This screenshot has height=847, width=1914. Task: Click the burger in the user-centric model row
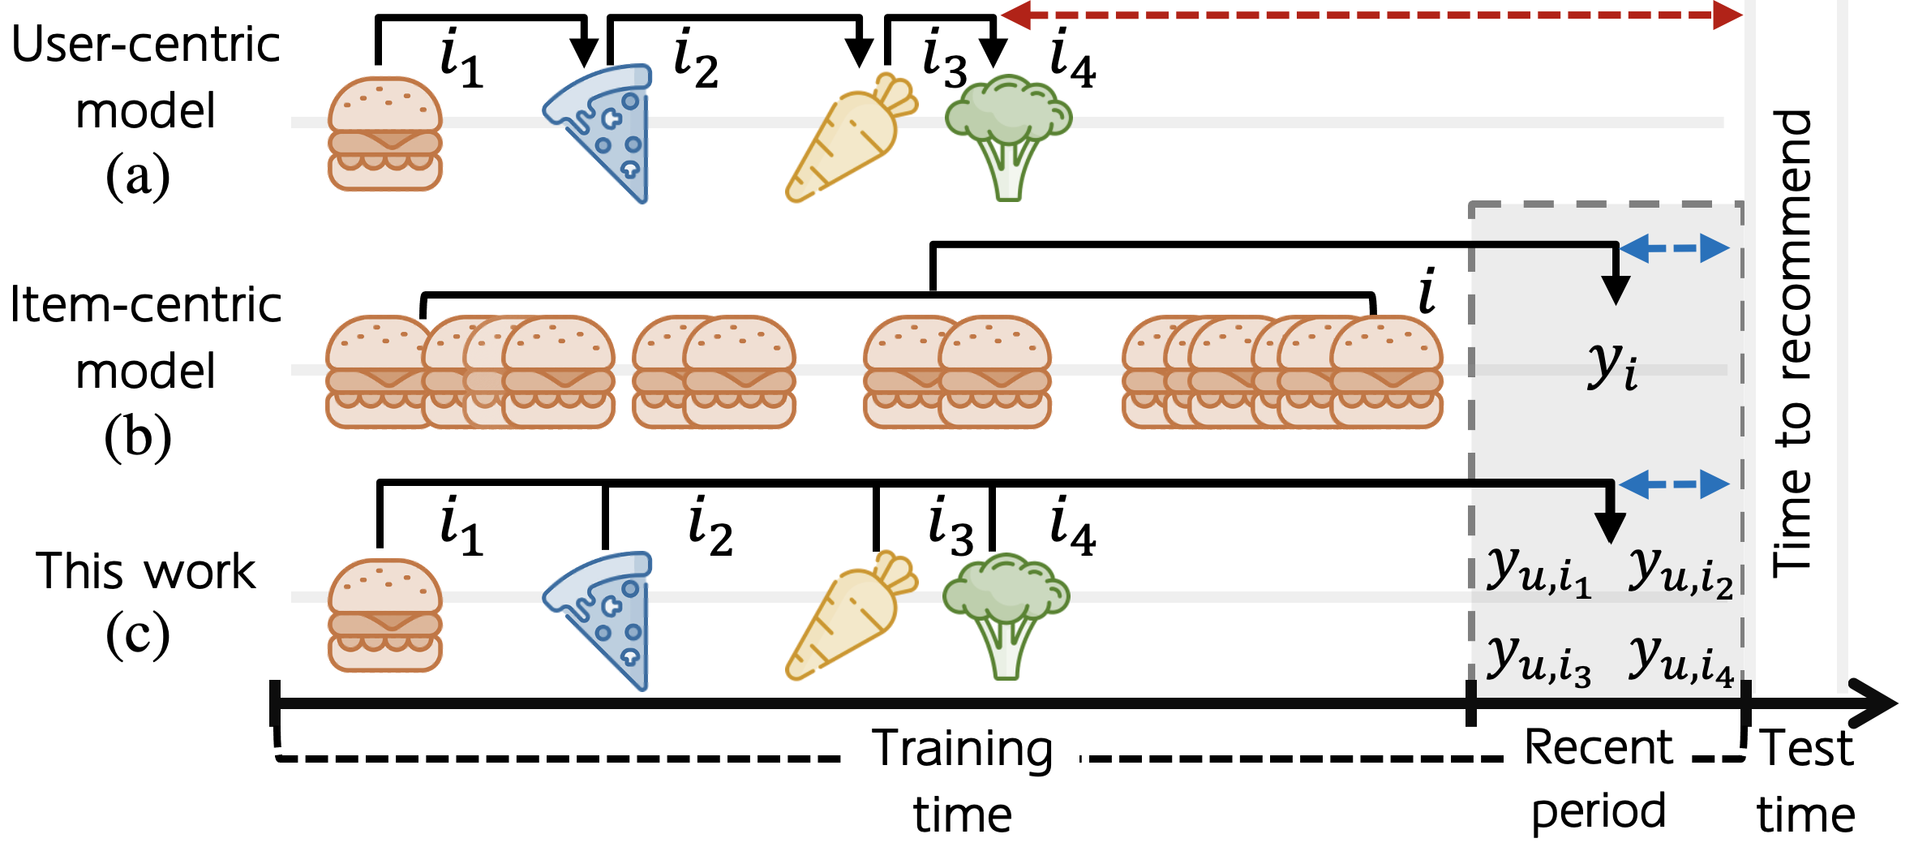pyautogui.click(x=385, y=134)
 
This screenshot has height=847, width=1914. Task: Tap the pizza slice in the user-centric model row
pyautogui.click(x=604, y=130)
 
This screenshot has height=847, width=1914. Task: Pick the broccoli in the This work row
pyautogui.click(x=1006, y=613)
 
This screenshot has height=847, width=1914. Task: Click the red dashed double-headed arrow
pyautogui.click(x=1371, y=15)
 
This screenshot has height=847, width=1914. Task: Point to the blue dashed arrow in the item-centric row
pyautogui.click(x=1674, y=248)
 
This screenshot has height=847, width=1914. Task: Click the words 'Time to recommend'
pyautogui.click(x=1792, y=345)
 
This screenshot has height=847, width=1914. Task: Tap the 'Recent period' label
pyautogui.click(x=1598, y=779)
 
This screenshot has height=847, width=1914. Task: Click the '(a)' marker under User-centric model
pyautogui.click(x=138, y=176)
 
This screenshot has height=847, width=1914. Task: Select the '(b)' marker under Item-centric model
pyautogui.click(x=138, y=437)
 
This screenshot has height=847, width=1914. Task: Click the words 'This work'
pyautogui.click(x=146, y=571)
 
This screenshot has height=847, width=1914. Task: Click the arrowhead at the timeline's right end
pyautogui.click(x=1873, y=703)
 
